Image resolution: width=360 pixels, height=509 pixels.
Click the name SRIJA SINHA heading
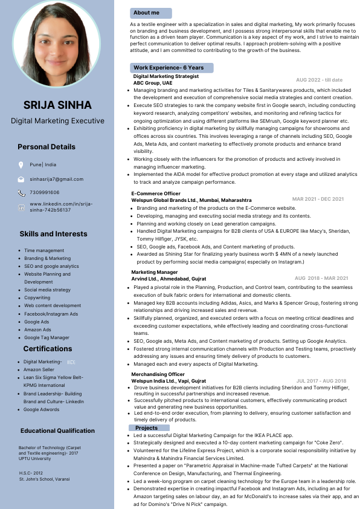coord(57,105)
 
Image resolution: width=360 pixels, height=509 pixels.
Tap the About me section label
coord(147,13)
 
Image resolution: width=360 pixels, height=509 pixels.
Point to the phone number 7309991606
coord(45,192)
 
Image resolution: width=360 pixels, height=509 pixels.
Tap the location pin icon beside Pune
coord(21,164)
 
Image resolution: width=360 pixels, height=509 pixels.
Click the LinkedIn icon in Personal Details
coord(21,207)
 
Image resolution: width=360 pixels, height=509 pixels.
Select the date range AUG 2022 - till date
coord(319,80)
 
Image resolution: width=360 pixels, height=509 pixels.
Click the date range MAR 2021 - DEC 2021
coord(318,199)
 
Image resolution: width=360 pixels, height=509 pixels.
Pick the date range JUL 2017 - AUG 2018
coord(321,381)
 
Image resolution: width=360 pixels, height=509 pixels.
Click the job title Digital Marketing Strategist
coord(166,77)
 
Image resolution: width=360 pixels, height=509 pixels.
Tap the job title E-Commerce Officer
coord(156,193)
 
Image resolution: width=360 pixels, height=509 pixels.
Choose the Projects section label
coord(147,427)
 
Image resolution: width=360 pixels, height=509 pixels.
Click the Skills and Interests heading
coord(53,234)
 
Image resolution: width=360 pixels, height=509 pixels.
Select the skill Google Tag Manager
coord(47,337)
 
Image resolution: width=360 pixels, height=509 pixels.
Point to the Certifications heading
coord(48,349)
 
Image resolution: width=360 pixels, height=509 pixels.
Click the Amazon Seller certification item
coord(39,369)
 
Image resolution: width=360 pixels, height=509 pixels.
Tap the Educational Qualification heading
coord(57,431)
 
